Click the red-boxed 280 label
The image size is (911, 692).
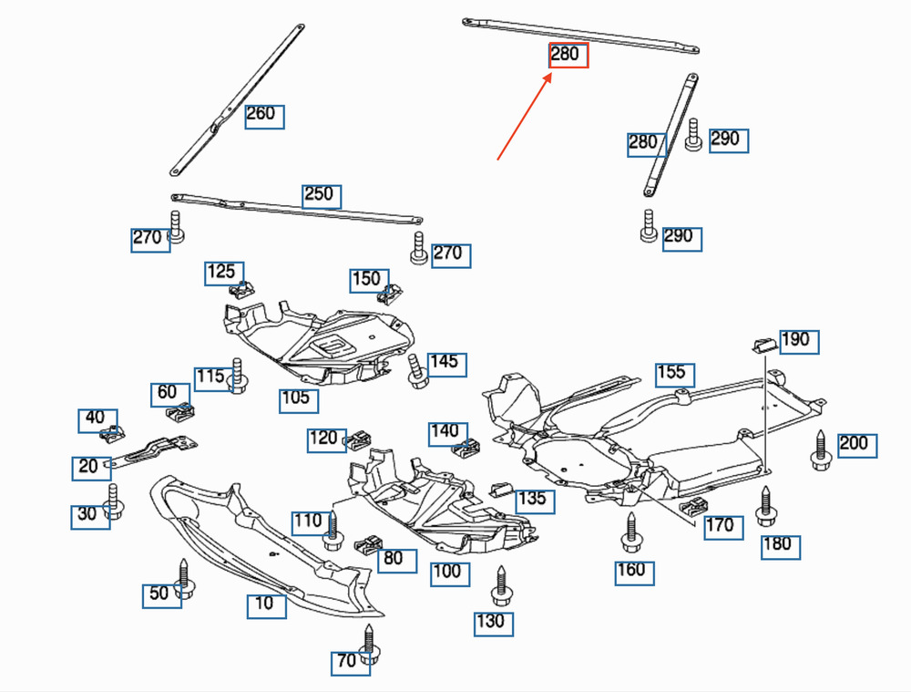(x=568, y=56)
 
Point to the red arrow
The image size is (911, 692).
(x=525, y=117)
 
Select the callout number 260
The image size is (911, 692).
(x=264, y=116)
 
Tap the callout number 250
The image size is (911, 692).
(x=322, y=196)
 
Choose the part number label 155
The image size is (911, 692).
(x=675, y=374)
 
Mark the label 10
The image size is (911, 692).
(x=266, y=605)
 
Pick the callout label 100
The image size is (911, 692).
(x=450, y=573)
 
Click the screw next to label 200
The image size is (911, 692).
(x=820, y=450)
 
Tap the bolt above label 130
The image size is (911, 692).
(x=500, y=585)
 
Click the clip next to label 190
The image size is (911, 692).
(x=762, y=344)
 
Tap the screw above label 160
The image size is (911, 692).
(x=630, y=532)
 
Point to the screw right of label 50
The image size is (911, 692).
(x=184, y=579)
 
